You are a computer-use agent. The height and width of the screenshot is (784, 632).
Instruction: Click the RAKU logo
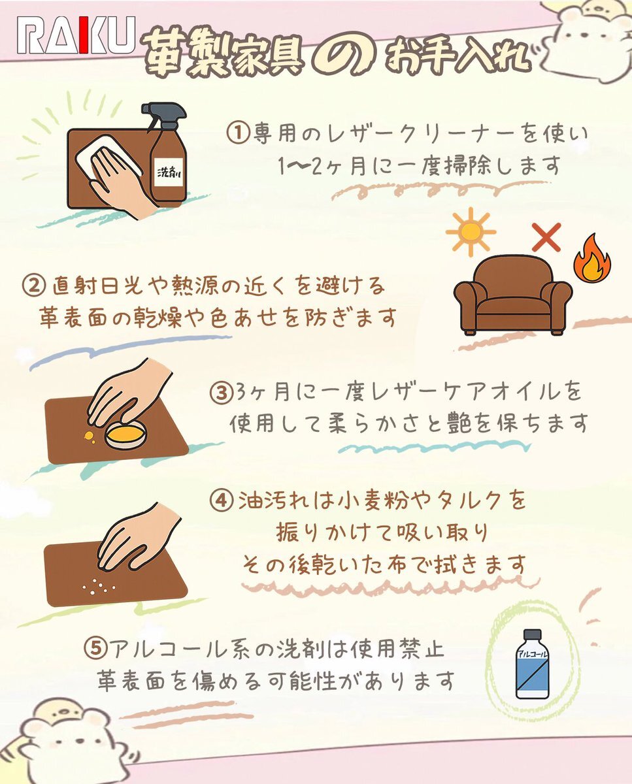(76, 35)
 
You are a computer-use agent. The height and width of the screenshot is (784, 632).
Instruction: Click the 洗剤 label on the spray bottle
(169, 172)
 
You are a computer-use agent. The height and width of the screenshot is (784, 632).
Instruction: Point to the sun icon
(471, 232)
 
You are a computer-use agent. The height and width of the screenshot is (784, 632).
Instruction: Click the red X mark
(546, 237)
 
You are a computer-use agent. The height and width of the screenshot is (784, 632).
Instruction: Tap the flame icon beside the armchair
(592, 258)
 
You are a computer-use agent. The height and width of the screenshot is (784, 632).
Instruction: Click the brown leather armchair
(513, 295)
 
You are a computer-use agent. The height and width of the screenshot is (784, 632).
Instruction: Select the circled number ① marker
(238, 133)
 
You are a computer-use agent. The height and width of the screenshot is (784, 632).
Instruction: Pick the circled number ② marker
(34, 285)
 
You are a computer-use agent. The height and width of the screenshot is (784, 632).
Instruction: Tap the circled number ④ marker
(222, 502)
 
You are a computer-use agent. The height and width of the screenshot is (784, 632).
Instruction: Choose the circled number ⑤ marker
(95, 649)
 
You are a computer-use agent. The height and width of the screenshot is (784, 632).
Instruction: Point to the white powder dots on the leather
(99, 586)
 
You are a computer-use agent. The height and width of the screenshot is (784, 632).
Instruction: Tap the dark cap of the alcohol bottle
(532, 634)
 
